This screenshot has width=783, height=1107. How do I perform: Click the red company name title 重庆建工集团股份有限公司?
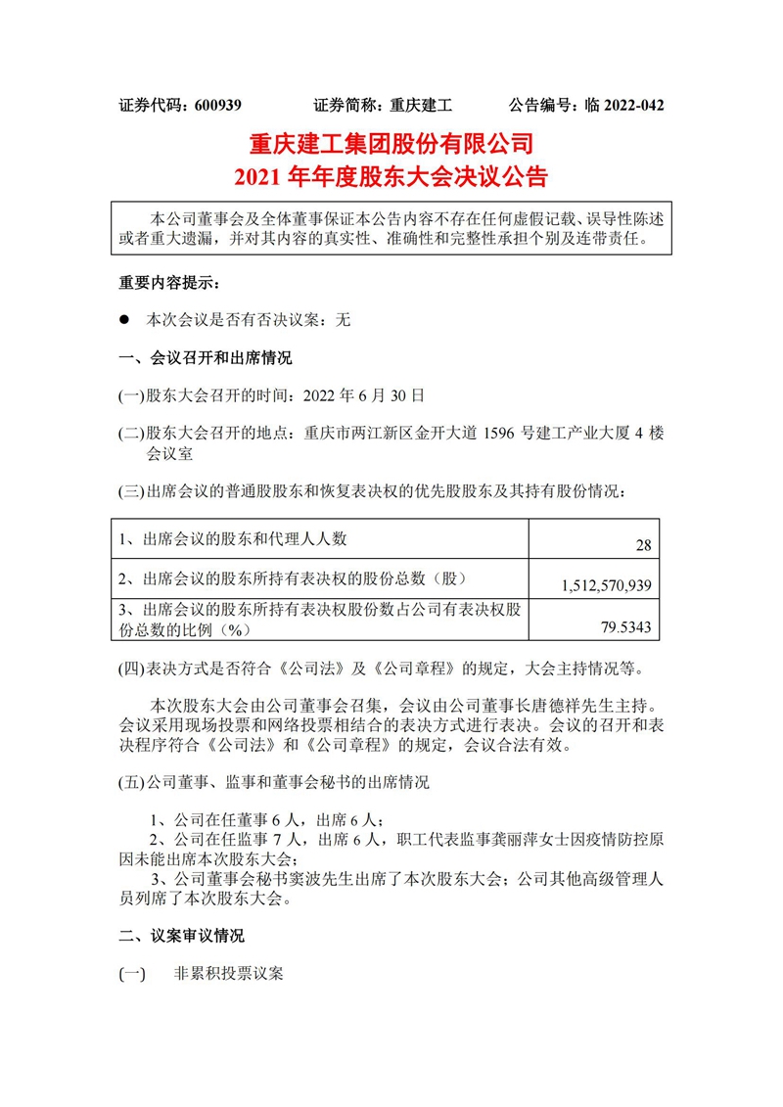pyautogui.click(x=391, y=145)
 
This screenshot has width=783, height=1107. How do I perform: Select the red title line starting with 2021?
pyautogui.click(x=391, y=177)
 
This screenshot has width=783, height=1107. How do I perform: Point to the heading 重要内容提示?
pyautogui.click(x=169, y=284)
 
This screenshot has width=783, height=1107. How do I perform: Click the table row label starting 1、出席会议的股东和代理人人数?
pyautogui.click(x=233, y=538)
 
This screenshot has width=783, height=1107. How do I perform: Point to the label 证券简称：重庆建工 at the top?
pyautogui.click(x=383, y=105)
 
